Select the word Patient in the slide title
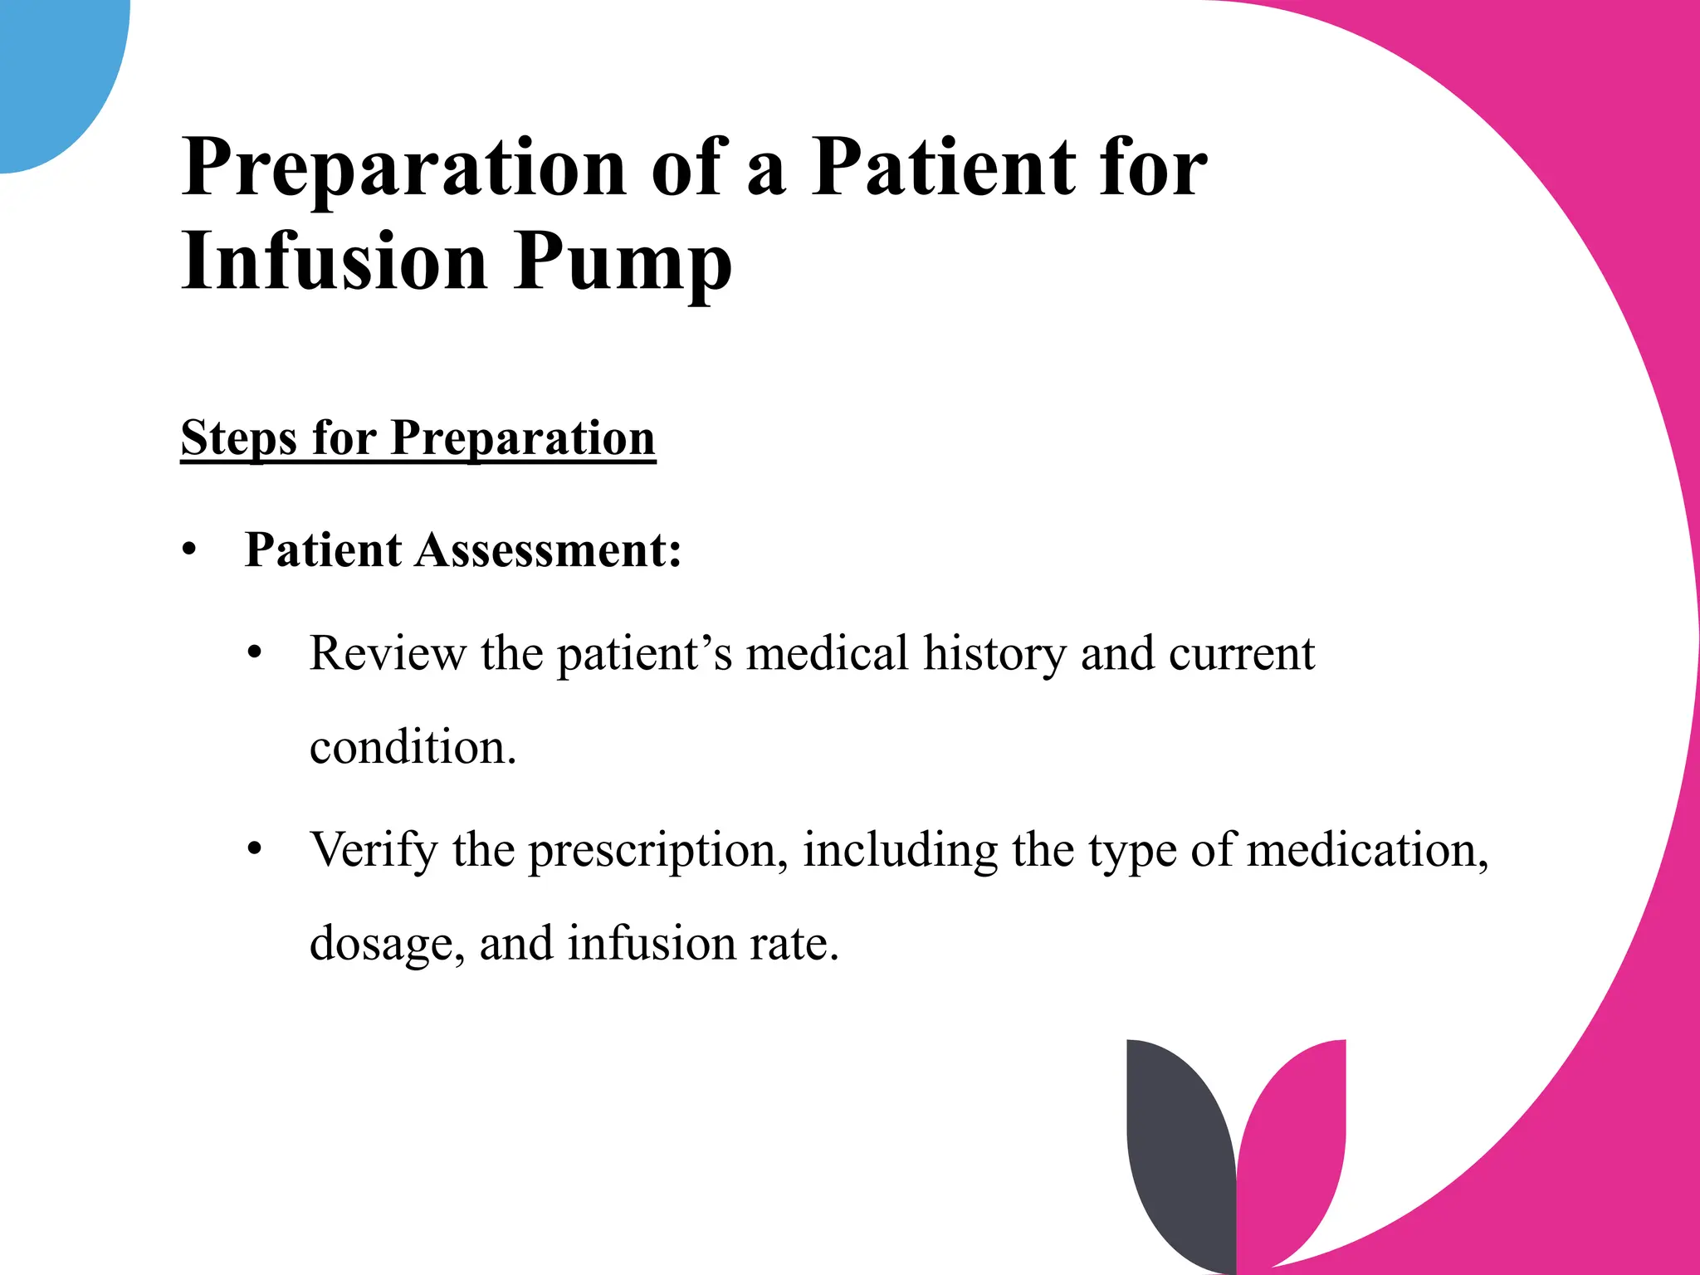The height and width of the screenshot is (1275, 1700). pyautogui.click(x=942, y=168)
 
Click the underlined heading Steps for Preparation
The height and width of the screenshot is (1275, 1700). pyautogui.click(x=418, y=438)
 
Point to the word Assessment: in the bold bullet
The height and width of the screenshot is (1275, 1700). pyautogui.click(x=549, y=550)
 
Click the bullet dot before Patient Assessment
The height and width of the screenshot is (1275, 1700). pyautogui.click(x=190, y=550)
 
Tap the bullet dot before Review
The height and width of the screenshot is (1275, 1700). pyautogui.click(x=255, y=653)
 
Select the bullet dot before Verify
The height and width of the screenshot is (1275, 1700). pyautogui.click(x=255, y=849)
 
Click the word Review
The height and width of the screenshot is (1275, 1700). pyautogui.click(x=388, y=653)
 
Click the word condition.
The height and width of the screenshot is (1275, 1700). pyautogui.click(x=413, y=747)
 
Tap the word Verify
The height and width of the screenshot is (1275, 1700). pyautogui.click(x=374, y=849)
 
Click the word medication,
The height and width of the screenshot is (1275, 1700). pyautogui.click(x=1367, y=850)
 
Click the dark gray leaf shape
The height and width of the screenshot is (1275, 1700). pyautogui.click(x=1179, y=1154)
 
